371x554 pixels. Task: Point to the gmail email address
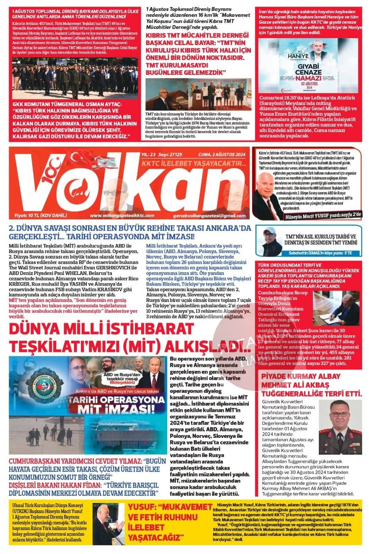click(209, 216)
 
